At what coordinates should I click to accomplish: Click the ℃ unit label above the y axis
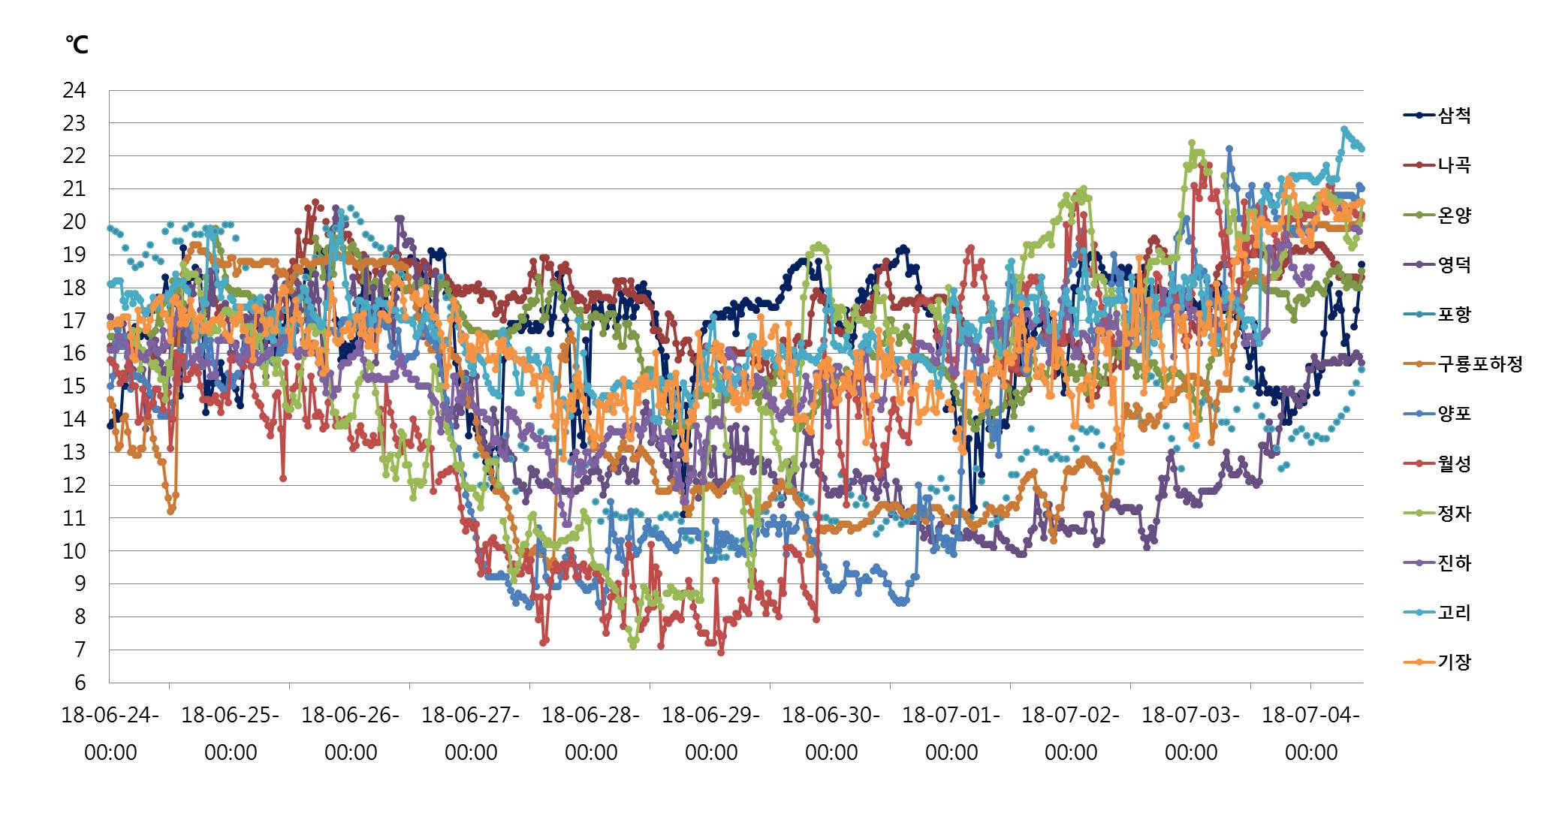[x=77, y=45]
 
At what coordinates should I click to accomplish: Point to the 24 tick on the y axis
[x=74, y=90]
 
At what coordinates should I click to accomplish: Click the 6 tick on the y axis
[x=80, y=683]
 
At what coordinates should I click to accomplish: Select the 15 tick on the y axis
[x=74, y=386]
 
